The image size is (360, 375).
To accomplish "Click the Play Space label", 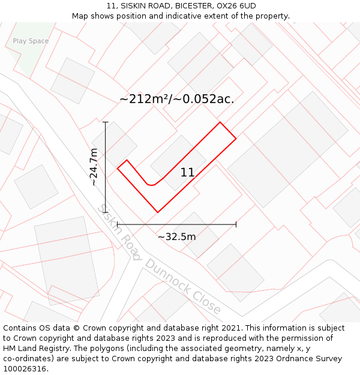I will pyautogui.click(x=31, y=41).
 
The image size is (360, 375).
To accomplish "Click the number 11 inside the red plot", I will pyautogui.click(x=187, y=173).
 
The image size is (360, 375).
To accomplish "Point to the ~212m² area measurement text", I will pyautogui.click(x=145, y=99).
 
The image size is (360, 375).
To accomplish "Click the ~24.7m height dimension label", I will pyautogui.click(x=94, y=167).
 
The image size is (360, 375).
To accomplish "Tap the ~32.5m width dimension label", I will pyautogui.click(x=176, y=236).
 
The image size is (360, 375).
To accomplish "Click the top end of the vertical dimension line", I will pyautogui.click(x=106, y=122).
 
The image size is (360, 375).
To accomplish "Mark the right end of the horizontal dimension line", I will pyautogui.click(x=236, y=224).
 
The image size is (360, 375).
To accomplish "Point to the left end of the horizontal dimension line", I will pyautogui.click(x=118, y=224).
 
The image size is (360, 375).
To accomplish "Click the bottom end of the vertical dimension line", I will pyautogui.click(x=106, y=212).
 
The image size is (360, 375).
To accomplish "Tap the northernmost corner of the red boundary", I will pyautogui.click(x=220, y=122).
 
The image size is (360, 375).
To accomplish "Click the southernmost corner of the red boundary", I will pyautogui.click(x=158, y=212).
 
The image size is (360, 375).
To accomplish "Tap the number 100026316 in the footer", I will pyautogui.click(x=25, y=368).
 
